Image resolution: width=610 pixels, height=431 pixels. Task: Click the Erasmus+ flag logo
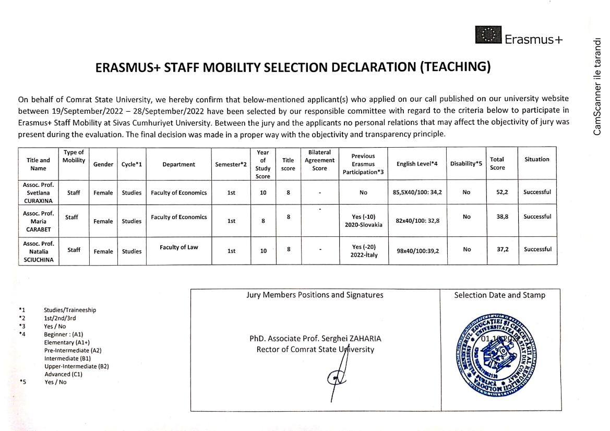pos(488,35)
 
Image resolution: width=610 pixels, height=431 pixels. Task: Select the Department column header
pos(178,164)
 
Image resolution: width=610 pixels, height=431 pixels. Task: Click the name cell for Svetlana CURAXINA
pos(38,193)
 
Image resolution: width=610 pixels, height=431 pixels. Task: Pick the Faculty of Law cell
pos(178,247)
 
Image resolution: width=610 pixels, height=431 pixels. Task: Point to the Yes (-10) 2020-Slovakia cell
pos(364,221)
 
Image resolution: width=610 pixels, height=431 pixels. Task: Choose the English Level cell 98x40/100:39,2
pos(418,250)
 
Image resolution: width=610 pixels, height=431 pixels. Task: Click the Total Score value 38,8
pos(503,217)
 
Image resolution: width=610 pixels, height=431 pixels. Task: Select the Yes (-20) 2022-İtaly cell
pos(364,251)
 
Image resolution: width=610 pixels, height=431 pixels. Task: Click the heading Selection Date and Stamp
pos(499,295)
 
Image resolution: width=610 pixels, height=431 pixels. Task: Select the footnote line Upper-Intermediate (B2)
pos(76,366)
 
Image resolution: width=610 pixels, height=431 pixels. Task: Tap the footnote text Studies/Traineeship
pos(70,310)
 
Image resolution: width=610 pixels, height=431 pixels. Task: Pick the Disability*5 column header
pos(466,164)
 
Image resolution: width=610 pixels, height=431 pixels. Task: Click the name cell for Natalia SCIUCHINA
pos(38,252)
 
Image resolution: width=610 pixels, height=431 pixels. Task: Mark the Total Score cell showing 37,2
pos(503,249)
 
